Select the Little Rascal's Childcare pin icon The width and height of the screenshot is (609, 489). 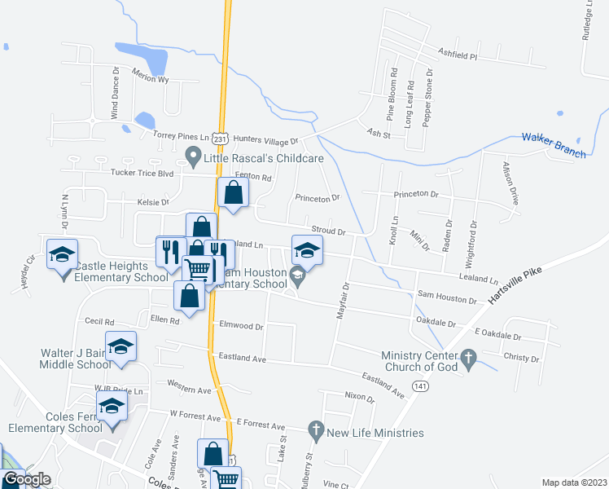pyautogui.click(x=193, y=153)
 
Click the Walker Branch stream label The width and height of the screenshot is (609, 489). pyautogui.click(x=554, y=142)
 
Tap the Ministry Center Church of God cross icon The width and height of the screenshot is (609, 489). pyautogui.click(x=467, y=357)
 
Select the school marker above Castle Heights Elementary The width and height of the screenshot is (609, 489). pyautogui.click(x=63, y=255)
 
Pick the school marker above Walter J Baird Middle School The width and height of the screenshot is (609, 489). pyautogui.click(x=120, y=347)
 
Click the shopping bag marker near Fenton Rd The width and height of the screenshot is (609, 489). pyautogui.click(x=234, y=194)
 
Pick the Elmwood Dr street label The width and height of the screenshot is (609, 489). pyautogui.click(x=242, y=326)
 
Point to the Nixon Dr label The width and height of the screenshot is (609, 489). pyautogui.click(x=359, y=399)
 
